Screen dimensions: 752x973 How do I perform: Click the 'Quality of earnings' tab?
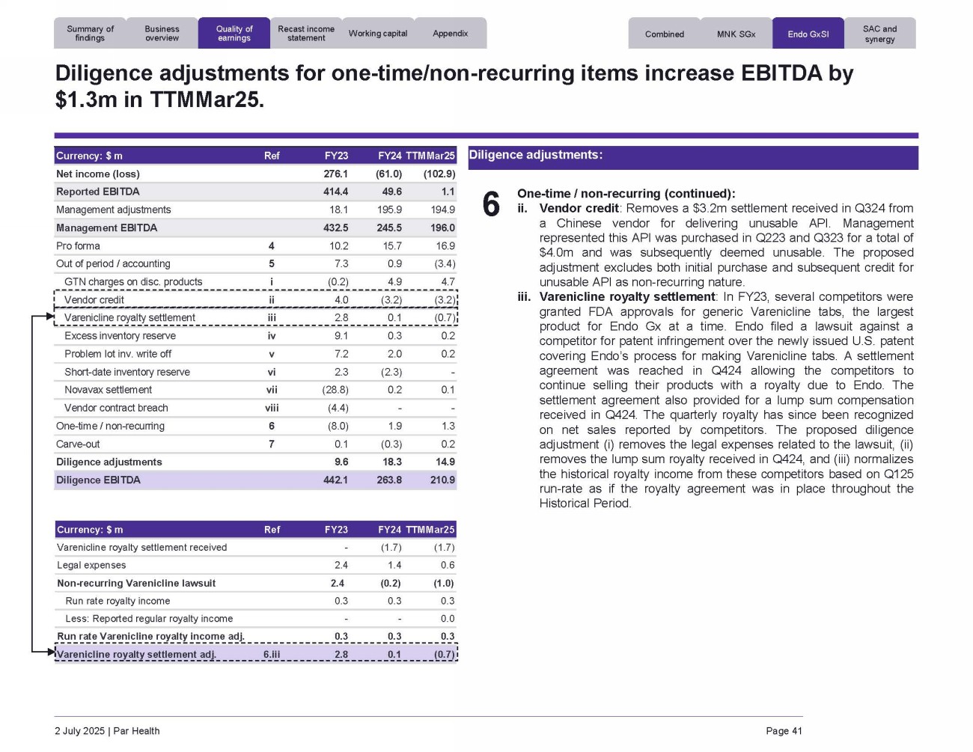coord(234,34)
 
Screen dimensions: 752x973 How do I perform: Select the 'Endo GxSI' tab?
coord(808,34)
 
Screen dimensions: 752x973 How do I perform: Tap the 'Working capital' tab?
coord(378,34)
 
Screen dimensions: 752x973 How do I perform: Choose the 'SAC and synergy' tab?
coord(879,34)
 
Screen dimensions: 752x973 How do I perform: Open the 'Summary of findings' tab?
coord(90,34)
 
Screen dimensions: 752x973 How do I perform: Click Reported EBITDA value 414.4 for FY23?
coord(335,192)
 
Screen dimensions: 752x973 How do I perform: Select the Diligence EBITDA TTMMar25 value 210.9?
coord(442,480)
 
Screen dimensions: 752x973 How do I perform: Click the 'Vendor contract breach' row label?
coord(116,408)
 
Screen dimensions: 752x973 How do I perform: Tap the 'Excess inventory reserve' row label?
coord(120,336)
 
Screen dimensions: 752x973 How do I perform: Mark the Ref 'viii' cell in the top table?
coord(272,408)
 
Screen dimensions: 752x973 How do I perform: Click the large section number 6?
coord(491,204)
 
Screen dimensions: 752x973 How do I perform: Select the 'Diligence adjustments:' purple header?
coord(535,156)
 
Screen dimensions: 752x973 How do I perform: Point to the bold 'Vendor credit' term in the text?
coord(579,209)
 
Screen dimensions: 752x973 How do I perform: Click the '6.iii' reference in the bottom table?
coord(272,655)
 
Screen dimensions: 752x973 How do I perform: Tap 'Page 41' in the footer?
coord(784,731)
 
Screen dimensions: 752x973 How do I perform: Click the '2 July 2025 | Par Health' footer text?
coord(107,731)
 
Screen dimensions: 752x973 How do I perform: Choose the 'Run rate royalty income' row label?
coord(118,601)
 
